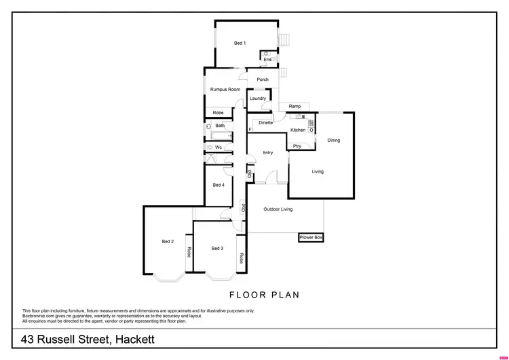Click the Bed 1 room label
pyautogui.click(x=240, y=43)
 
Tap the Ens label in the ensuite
pyautogui.click(x=267, y=60)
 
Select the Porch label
pyautogui.click(x=263, y=79)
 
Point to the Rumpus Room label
pyautogui.click(x=225, y=90)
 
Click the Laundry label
pyautogui.click(x=258, y=98)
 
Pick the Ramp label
pyautogui.click(x=295, y=107)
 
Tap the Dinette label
pyautogui.click(x=265, y=123)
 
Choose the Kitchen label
pyautogui.click(x=298, y=130)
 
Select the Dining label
pyautogui.click(x=334, y=141)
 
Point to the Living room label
pyautogui.click(x=318, y=172)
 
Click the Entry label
pyautogui.click(x=267, y=153)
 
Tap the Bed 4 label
pyautogui.click(x=219, y=185)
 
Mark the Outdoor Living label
pyautogui.click(x=278, y=209)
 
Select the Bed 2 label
pyautogui.click(x=168, y=242)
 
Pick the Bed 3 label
pyautogui.click(x=217, y=249)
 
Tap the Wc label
pyautogui.click(x=219, y=147)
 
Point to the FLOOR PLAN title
pyautogui.click(x=264, y=295)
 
